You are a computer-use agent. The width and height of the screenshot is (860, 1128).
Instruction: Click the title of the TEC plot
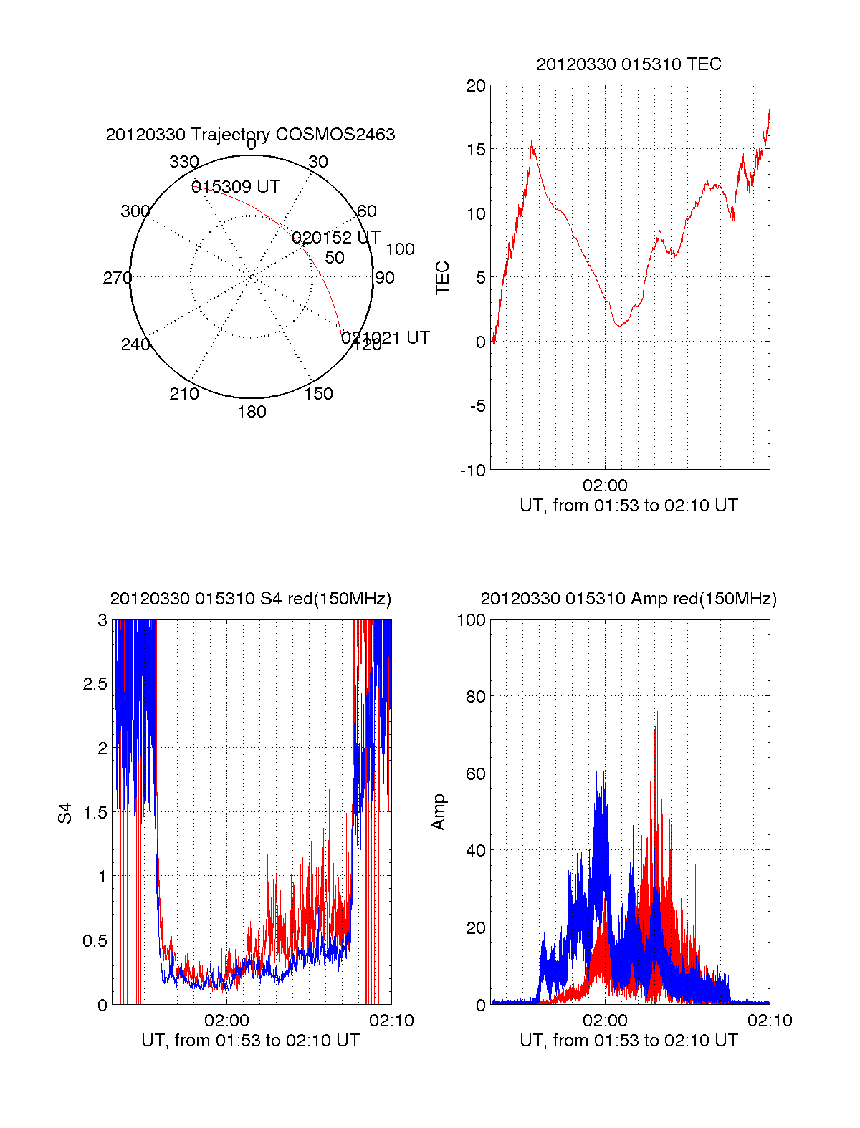pos(629,64)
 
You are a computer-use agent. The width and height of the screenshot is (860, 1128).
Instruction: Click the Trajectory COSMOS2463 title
pos(250,135)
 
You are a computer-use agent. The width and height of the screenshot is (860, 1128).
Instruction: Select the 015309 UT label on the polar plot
pos(235,187)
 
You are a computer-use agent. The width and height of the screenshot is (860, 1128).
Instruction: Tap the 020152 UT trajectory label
pos(336,238)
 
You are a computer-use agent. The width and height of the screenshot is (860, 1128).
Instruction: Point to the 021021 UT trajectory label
pos(386,337)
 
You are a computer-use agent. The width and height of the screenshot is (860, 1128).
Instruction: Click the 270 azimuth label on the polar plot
pos(117,278)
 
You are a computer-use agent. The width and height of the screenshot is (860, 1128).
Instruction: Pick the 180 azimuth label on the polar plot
pos(252,412)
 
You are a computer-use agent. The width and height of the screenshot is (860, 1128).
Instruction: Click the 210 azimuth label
pos(183,394)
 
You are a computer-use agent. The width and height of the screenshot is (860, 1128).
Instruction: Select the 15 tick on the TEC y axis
pos(476,150)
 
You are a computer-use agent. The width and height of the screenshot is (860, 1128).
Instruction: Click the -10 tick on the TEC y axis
pos(472,471)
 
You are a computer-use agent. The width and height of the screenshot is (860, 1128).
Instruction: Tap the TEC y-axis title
pos(443,278)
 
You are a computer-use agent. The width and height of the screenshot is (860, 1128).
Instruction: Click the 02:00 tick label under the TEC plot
pos(605,486)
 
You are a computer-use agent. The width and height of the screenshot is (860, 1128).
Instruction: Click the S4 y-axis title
pos(65,813)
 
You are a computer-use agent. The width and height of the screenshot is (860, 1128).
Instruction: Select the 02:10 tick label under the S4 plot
pos(391,1021)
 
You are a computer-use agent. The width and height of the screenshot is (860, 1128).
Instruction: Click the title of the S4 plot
pos(250,599)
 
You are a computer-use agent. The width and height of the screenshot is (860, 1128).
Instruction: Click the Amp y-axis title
pos(439,811)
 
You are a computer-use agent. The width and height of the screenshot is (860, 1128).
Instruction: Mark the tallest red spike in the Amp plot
pos(656,713)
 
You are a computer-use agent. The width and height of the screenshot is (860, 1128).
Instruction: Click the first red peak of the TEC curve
pos(532,142)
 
